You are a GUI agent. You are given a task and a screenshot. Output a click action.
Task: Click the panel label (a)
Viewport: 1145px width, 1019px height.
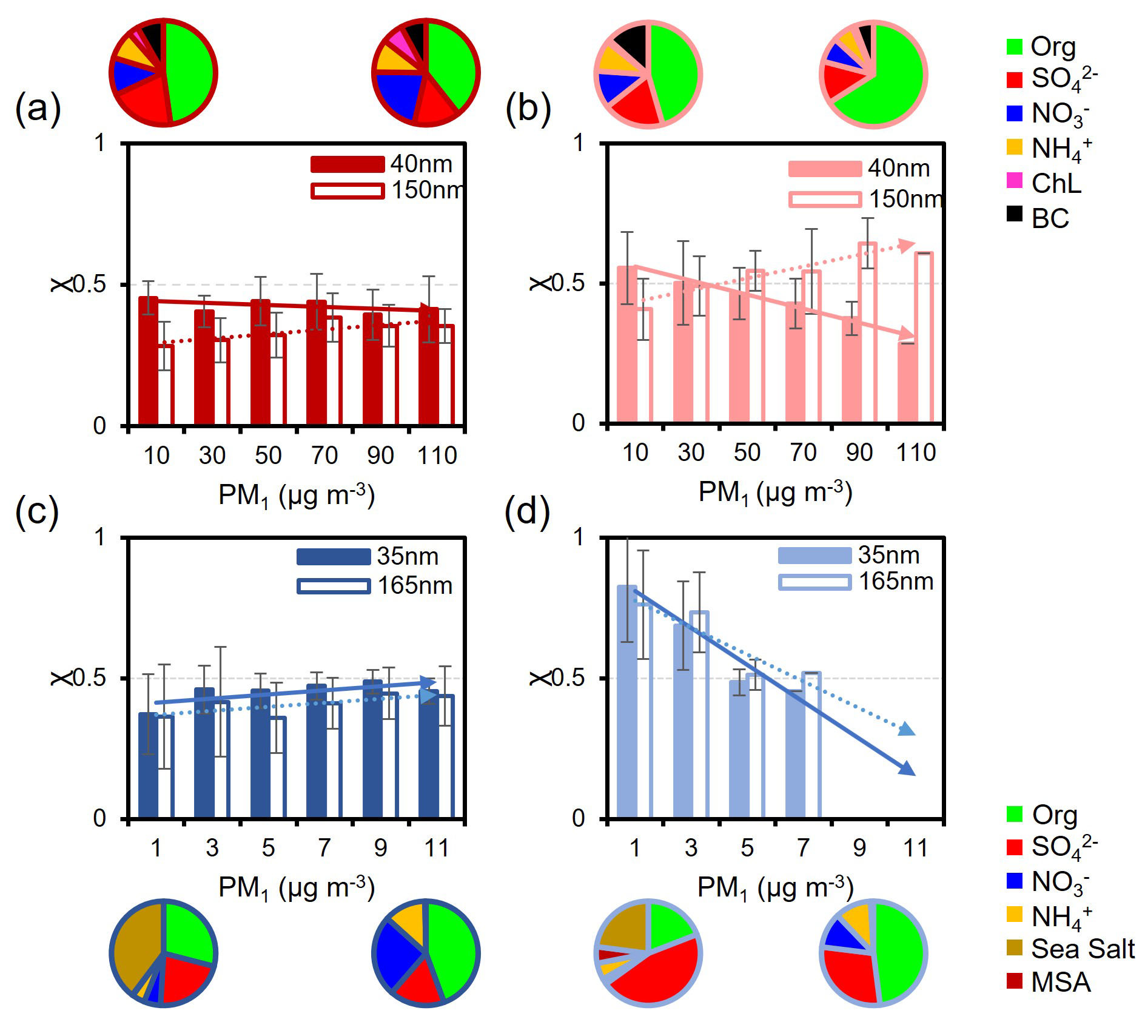(38, 109)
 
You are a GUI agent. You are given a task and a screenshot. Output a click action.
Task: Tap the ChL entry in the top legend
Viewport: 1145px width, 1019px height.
(1056, 183)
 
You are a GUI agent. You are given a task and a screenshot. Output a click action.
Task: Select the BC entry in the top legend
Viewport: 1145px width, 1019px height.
(1050, 217)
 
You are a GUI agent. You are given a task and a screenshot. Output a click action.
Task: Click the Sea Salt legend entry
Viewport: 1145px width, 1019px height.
(1083, 949)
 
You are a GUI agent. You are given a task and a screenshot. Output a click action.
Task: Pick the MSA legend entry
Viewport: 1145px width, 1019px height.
(1061, 983)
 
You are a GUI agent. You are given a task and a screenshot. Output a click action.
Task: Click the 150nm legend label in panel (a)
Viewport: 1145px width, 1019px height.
(427, 190)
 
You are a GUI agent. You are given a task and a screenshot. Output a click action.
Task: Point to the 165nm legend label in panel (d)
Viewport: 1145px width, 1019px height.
(896, 582)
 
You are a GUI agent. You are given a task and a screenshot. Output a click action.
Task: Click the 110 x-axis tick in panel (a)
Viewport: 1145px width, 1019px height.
(437, 456)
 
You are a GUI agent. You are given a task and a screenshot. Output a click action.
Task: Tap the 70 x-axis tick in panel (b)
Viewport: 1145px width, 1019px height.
(803, 452)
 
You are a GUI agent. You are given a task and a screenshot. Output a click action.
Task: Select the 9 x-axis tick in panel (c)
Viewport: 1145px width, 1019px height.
(380, 848)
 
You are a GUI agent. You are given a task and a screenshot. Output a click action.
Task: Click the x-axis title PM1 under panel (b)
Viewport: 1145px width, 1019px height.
(775, 492)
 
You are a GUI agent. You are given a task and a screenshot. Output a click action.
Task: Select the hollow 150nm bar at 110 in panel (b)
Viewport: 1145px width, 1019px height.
(924, 337)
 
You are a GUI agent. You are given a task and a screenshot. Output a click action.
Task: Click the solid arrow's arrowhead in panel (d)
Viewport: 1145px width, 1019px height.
(908, 769)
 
